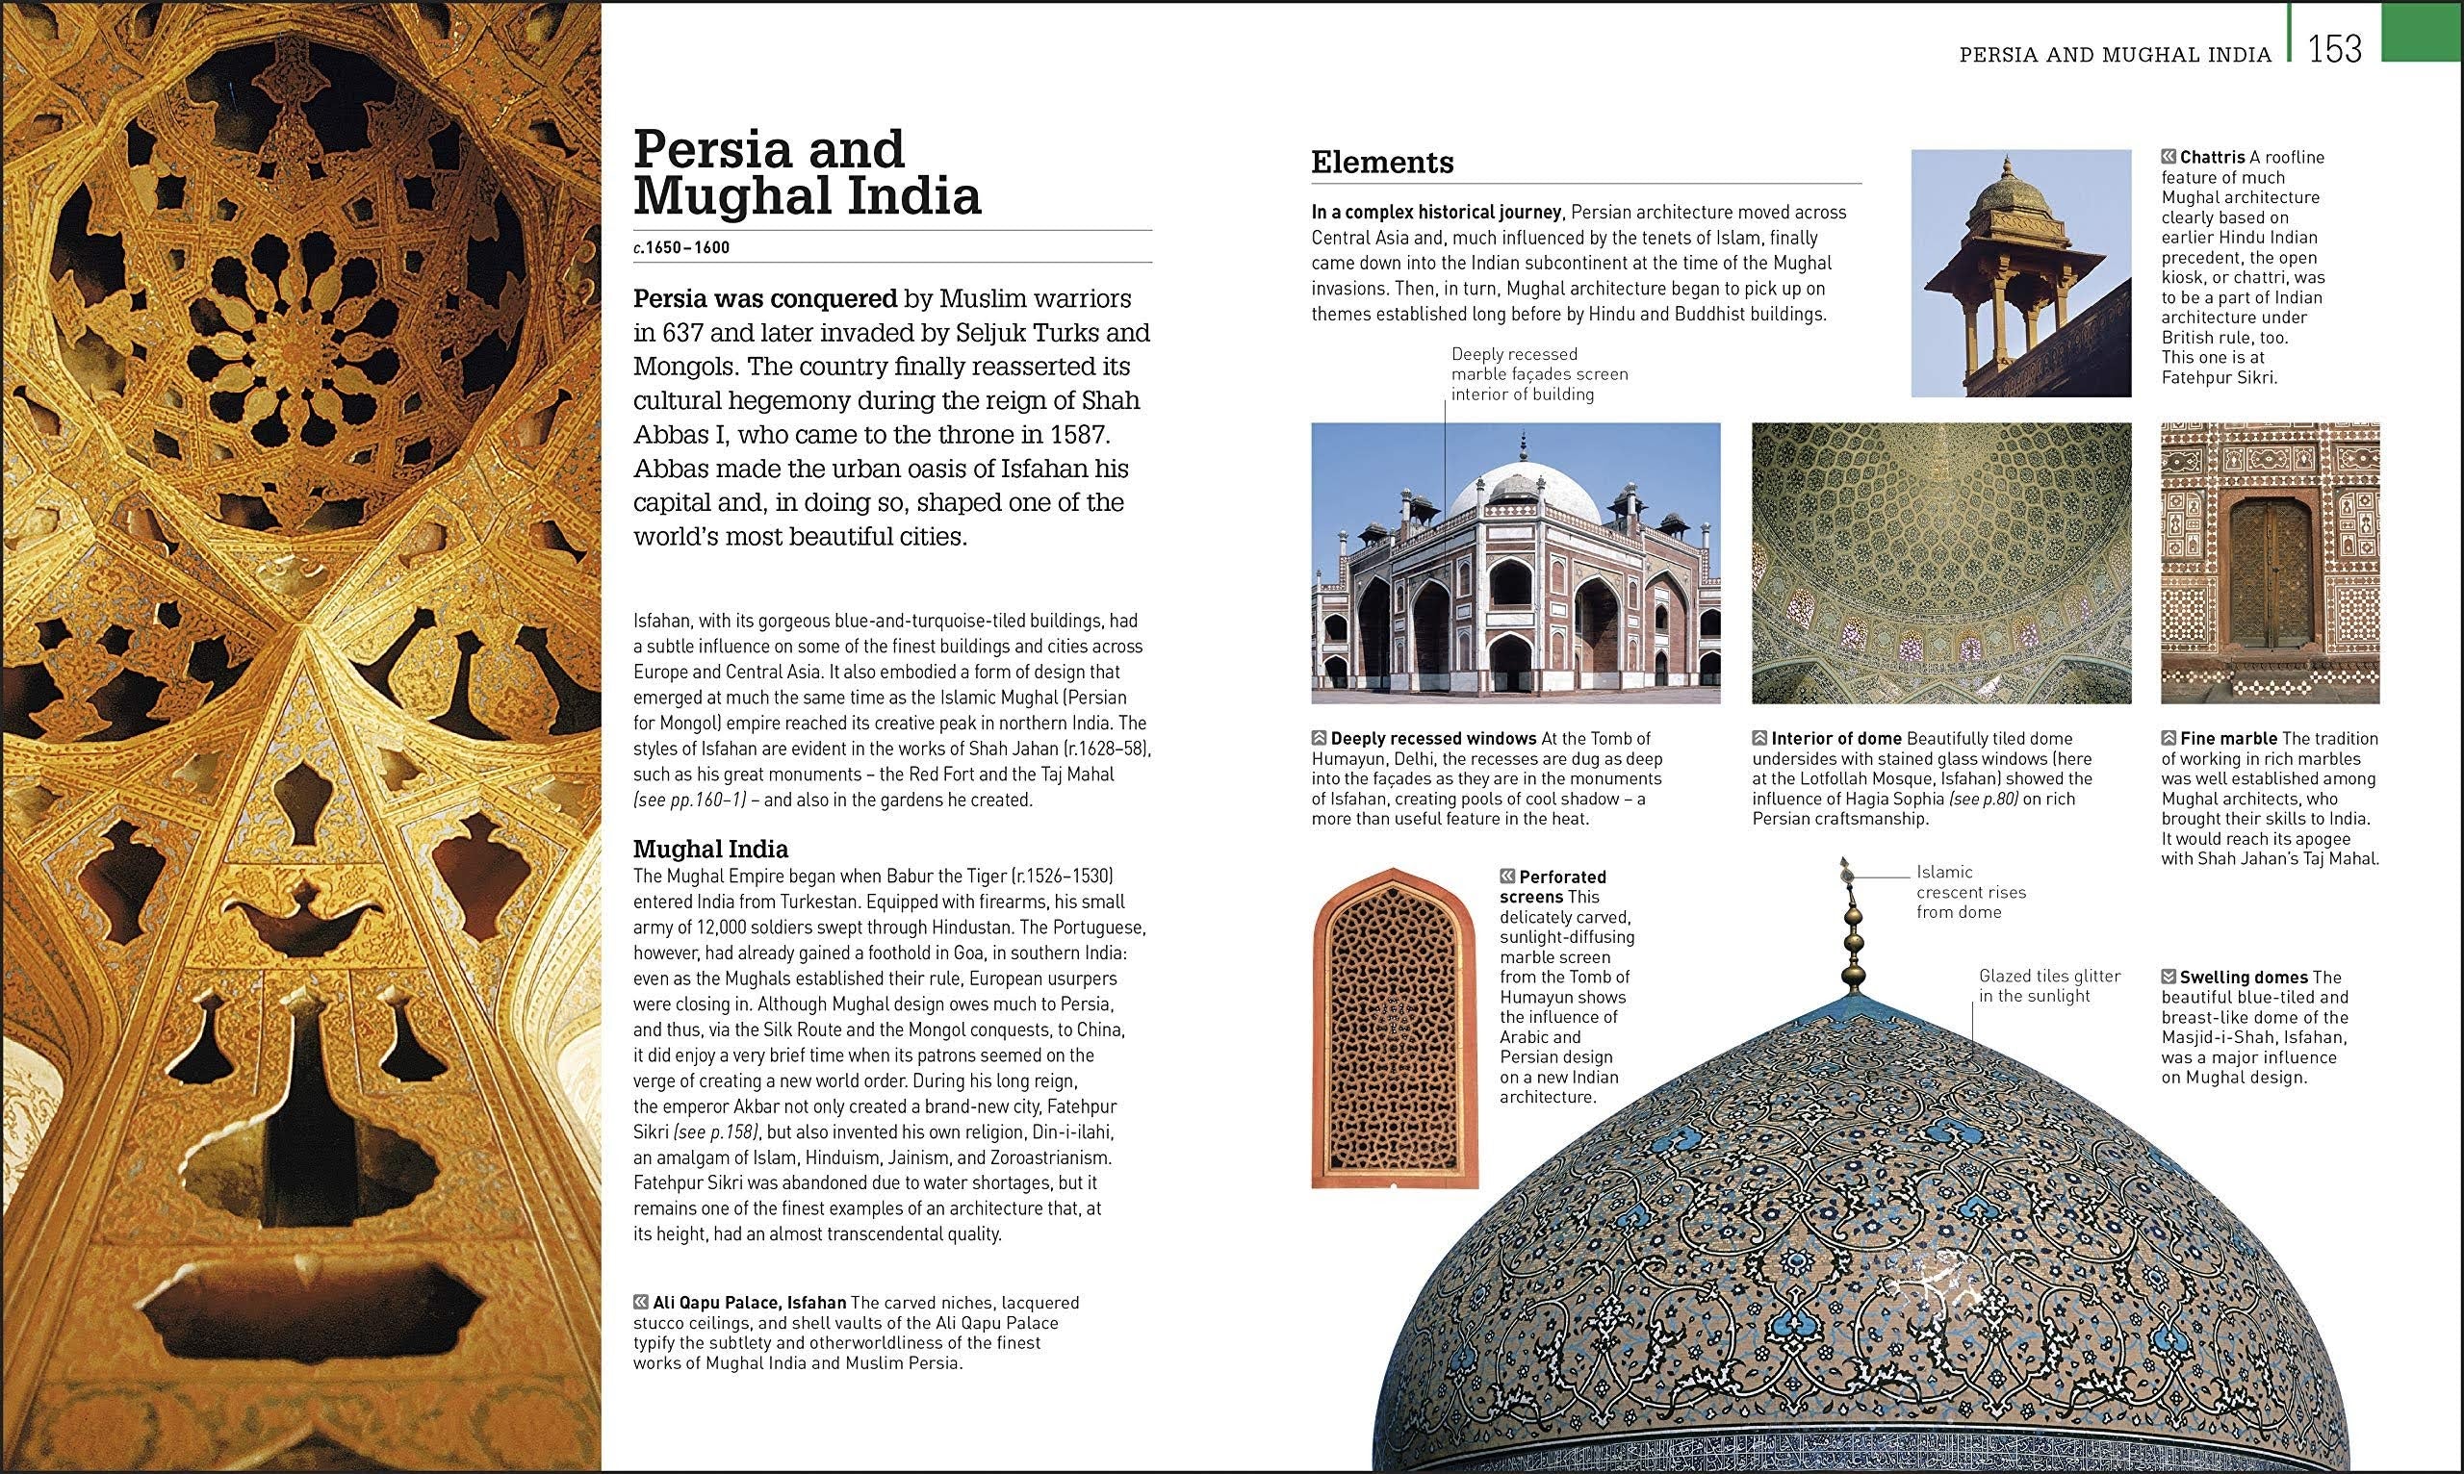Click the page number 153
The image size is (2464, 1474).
coord(2334,49)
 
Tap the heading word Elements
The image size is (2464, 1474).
coord(1382,162)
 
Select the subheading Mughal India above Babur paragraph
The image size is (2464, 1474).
coord(710,850)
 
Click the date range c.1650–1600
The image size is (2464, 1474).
coord(681,247)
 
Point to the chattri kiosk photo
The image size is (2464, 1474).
coord(2021,272)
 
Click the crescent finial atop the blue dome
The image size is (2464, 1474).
coord(1846,872)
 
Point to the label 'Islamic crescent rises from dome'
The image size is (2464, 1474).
coord(1970,892)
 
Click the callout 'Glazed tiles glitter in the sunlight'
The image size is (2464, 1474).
coord(2049,985)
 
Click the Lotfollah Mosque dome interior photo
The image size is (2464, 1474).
coord(1940,562)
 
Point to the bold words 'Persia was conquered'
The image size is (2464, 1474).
coord(765,298)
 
